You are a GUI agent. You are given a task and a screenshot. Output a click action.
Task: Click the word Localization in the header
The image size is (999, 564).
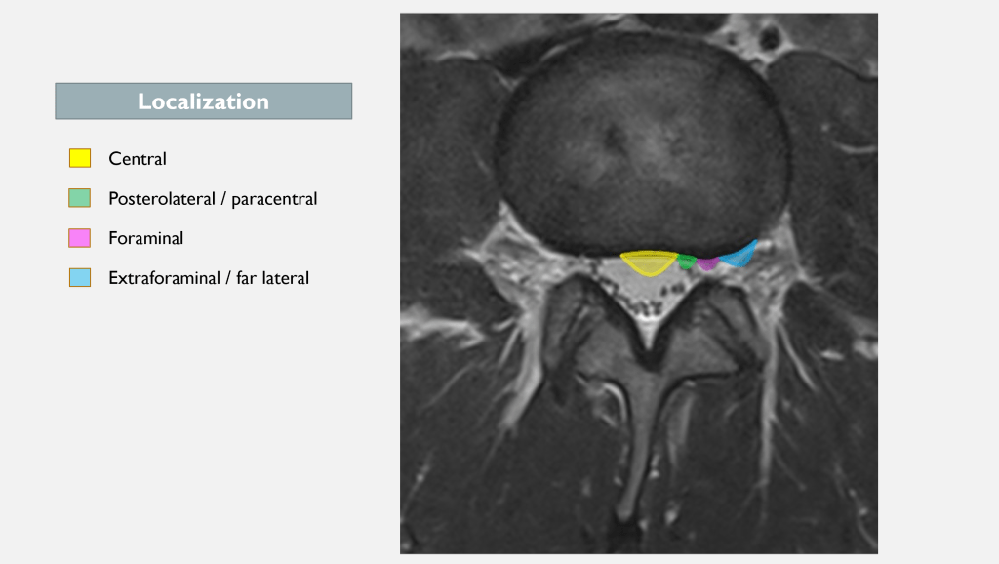pos(203,101)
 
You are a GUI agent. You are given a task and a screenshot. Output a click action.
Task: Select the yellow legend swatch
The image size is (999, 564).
pos(80,158)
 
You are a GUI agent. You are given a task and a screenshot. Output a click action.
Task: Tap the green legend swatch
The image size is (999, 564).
pos(80,197)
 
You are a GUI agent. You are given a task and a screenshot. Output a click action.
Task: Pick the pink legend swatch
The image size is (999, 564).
pos(80,238)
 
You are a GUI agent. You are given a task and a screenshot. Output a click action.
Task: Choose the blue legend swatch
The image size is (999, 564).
pos(80,277)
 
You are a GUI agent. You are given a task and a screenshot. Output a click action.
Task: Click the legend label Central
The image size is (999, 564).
pos(137,159)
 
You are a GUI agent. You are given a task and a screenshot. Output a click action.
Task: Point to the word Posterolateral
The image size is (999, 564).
pos(162,199)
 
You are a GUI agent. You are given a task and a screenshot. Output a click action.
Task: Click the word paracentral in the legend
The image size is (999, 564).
pos(274,199)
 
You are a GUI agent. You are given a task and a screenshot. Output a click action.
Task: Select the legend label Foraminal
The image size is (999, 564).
pos(146,238)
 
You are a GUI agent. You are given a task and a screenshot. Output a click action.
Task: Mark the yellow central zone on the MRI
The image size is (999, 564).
pos(649,262)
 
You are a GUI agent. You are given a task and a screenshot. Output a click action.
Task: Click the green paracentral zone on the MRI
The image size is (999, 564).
pos(686,262)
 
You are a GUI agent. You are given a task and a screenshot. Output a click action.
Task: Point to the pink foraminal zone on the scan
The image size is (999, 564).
pos(707,263)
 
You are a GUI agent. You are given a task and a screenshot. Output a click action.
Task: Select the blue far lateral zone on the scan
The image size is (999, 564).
pos(740,256)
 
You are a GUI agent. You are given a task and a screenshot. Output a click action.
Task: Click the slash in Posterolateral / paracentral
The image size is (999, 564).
pos(223,199)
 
